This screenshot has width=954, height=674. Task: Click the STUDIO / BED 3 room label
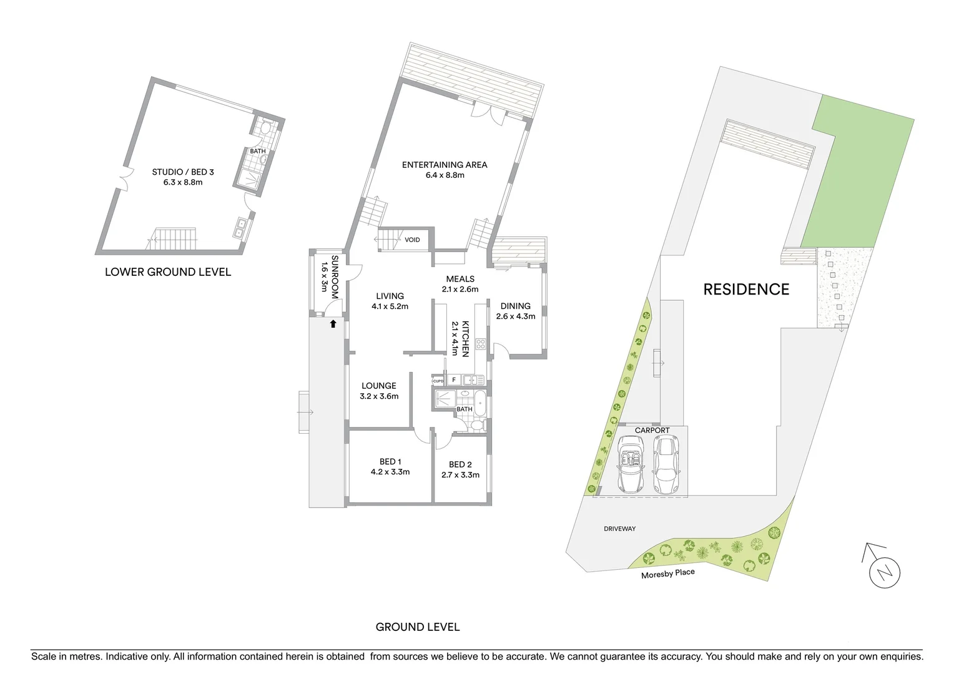[x=177, y=172]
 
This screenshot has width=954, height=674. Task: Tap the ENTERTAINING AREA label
[x=445, y=165]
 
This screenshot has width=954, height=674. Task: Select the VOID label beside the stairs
[x=412, y=240]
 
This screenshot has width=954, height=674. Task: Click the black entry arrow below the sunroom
[x=333, y=323]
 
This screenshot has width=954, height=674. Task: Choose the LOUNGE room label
[x=379, y=386]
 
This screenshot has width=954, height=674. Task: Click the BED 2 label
[x=460, y=464]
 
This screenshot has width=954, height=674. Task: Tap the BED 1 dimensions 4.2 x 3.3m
[x=390, y=472]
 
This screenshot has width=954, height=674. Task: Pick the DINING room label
[x=516, y=306]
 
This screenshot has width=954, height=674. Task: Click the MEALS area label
[x=460, y=279]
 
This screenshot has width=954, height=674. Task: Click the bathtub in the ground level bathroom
[x=480, y=404]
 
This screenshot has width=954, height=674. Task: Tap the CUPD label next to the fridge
[x=438, y=381]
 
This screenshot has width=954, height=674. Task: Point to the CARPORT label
[x=652, y=431]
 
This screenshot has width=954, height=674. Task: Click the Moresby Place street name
[x=667, y=573]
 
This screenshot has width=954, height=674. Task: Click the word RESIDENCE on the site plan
[x=746, y=290]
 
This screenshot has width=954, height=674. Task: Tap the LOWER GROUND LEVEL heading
[x=168, y=272]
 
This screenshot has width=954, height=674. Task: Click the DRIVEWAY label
[x=619, y=529]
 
